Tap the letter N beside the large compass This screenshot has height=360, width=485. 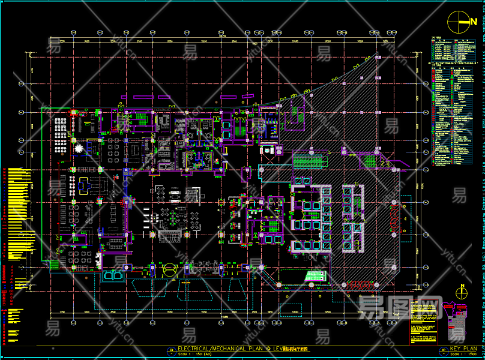click(474, 20)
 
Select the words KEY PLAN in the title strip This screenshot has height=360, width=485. click(463, 349)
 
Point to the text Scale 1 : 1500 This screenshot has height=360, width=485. click(463, 355)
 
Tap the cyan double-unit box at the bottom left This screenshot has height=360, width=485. click(114, 276)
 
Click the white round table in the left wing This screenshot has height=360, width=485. click(79, 148)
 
